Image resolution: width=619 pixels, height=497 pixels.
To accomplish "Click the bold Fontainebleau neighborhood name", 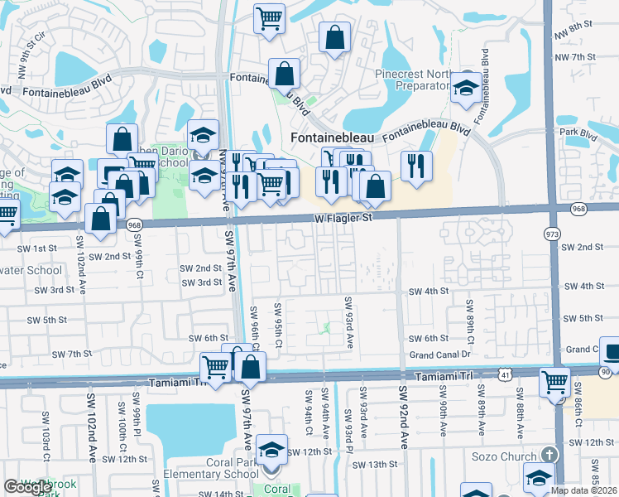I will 332,137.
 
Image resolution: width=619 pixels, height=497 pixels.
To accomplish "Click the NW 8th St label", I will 578,33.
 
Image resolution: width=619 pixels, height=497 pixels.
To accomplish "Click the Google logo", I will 27,487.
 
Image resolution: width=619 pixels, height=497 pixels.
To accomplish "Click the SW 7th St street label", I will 72,354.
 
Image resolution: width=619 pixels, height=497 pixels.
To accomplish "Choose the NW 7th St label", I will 576,56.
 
